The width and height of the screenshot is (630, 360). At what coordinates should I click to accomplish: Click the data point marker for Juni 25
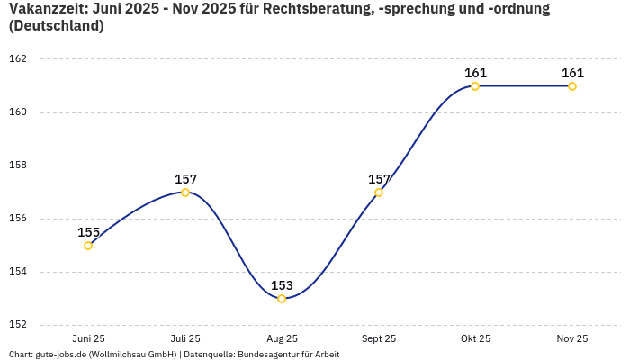[88, 246]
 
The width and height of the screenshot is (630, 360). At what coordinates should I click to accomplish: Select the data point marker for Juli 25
[185, 193]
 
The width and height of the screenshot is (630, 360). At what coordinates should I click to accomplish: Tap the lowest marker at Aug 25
[282, 299]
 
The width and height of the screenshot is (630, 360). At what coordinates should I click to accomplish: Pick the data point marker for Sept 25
[379, 193]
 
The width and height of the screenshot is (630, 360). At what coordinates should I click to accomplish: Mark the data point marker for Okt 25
[475, 86]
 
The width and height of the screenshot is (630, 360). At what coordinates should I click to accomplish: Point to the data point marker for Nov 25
[572, 86]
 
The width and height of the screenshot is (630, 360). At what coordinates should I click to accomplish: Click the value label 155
[88, 232]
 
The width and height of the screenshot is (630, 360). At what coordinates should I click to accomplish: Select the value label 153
[282, 285]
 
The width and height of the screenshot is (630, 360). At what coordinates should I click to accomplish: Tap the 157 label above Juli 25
[185, 179]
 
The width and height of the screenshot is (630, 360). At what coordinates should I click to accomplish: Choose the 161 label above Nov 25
[572, 73]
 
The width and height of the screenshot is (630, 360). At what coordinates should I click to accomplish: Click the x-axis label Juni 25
[88, 338]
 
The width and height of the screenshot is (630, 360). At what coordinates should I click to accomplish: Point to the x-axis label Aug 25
[282, 338]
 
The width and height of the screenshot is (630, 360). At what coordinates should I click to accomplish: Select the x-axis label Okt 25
[475, 338]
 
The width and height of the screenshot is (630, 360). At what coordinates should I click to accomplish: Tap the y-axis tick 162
[18, 59]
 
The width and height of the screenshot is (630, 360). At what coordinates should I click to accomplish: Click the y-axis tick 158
[18, 166]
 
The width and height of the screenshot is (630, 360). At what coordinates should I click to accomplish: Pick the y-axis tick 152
[18, 325]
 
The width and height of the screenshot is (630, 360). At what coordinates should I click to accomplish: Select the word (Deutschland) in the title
[56, 26]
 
